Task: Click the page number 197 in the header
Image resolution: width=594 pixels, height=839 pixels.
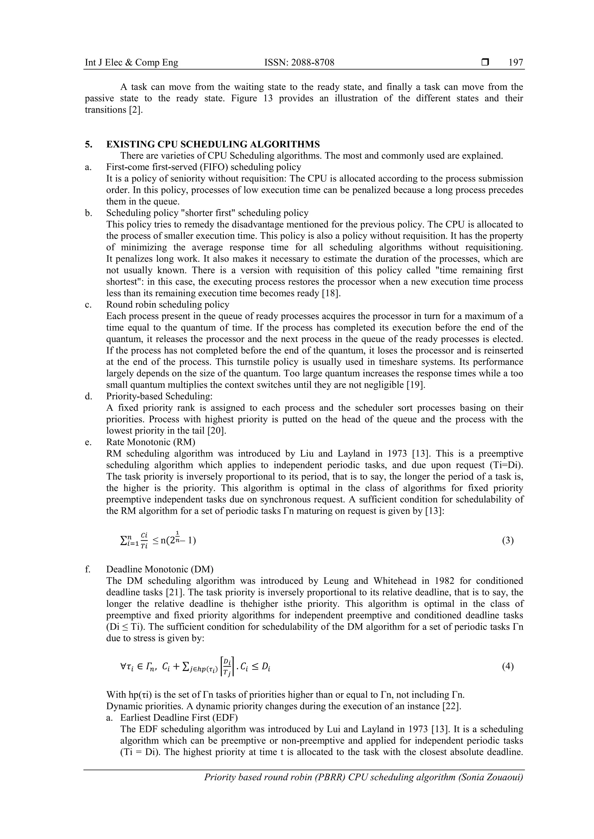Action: [516, 63]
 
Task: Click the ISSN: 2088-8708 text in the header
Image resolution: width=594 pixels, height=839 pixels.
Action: [299, 63]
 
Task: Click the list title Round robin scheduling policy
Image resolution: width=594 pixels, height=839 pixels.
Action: [168, 304]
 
